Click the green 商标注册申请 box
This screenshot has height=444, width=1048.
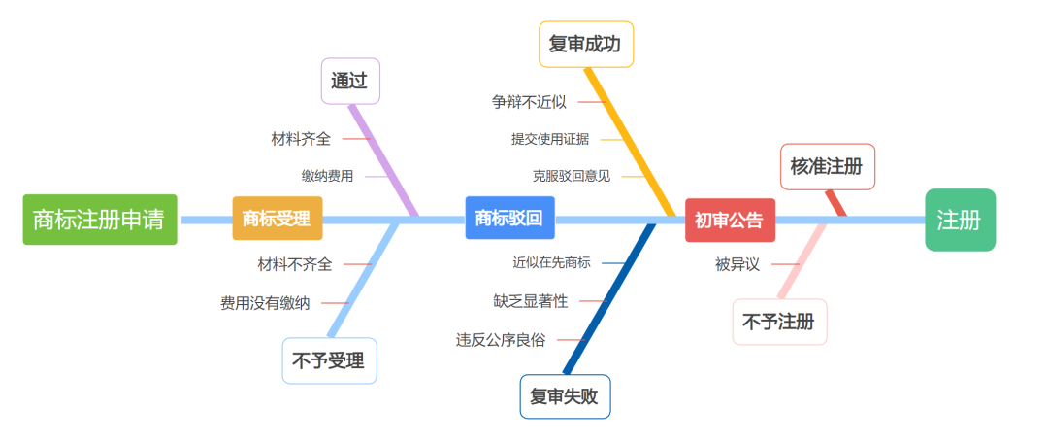[x=100, y=220]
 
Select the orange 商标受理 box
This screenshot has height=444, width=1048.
[x=278, y=219]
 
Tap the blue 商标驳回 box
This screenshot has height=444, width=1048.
[x=510, y=218]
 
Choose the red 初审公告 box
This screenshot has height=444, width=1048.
[x=730, y=221]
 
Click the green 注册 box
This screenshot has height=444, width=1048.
[x=960, y=220]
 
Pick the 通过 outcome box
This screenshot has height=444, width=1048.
[x=350, y=81]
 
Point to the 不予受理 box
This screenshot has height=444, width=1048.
[x=329, y=361]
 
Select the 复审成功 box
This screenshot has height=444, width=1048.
[x=585, y=44]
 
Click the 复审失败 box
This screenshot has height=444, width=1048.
[x=565, y=396]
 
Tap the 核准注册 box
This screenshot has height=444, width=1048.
[x=828, y=167]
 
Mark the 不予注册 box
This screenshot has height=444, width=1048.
[x=779, y=323]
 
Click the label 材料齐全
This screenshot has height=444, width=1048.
[x=301, y=139]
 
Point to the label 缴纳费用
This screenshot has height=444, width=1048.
[x=328, y=176]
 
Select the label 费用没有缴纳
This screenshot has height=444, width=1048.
[x=265, y=303]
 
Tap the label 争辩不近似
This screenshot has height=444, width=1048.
[x=530, y=102]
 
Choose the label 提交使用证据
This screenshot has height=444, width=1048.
[x=550, y=139]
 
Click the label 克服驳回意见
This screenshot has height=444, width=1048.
[x=572, y=176]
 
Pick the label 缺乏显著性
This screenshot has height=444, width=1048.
[x=531, y=301]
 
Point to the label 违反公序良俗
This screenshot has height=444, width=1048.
[x=501, y=339]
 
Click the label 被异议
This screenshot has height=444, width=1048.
[x=737, y=264]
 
